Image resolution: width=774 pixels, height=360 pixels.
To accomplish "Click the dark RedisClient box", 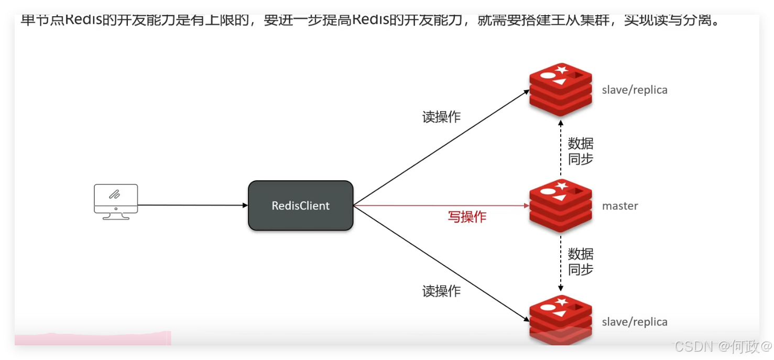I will pos(300,205).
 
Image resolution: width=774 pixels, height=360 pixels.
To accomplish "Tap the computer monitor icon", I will pos(116,201).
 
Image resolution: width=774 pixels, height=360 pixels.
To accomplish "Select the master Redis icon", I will pos(560,205).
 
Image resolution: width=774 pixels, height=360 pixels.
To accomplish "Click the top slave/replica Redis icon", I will pos(560,90).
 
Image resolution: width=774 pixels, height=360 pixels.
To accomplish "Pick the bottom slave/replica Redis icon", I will pos(560,319).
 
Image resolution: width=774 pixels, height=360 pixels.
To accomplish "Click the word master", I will pos(620,206).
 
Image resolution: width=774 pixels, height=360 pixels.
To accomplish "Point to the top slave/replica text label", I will pos(635,90).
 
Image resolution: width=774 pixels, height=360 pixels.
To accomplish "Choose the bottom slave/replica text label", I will pos(635,322).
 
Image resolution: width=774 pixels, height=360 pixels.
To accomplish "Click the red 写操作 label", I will pos(467,216).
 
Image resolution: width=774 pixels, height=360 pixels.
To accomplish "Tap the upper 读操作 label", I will pos(441,117).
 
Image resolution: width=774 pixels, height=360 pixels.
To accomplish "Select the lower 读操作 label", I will pos(441,291).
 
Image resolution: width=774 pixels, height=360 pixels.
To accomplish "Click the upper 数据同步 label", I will pos(581,151).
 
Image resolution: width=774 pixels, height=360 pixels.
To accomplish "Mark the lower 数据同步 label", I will pos(581,262).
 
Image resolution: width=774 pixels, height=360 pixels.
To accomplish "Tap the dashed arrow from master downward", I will pos(561,263).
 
